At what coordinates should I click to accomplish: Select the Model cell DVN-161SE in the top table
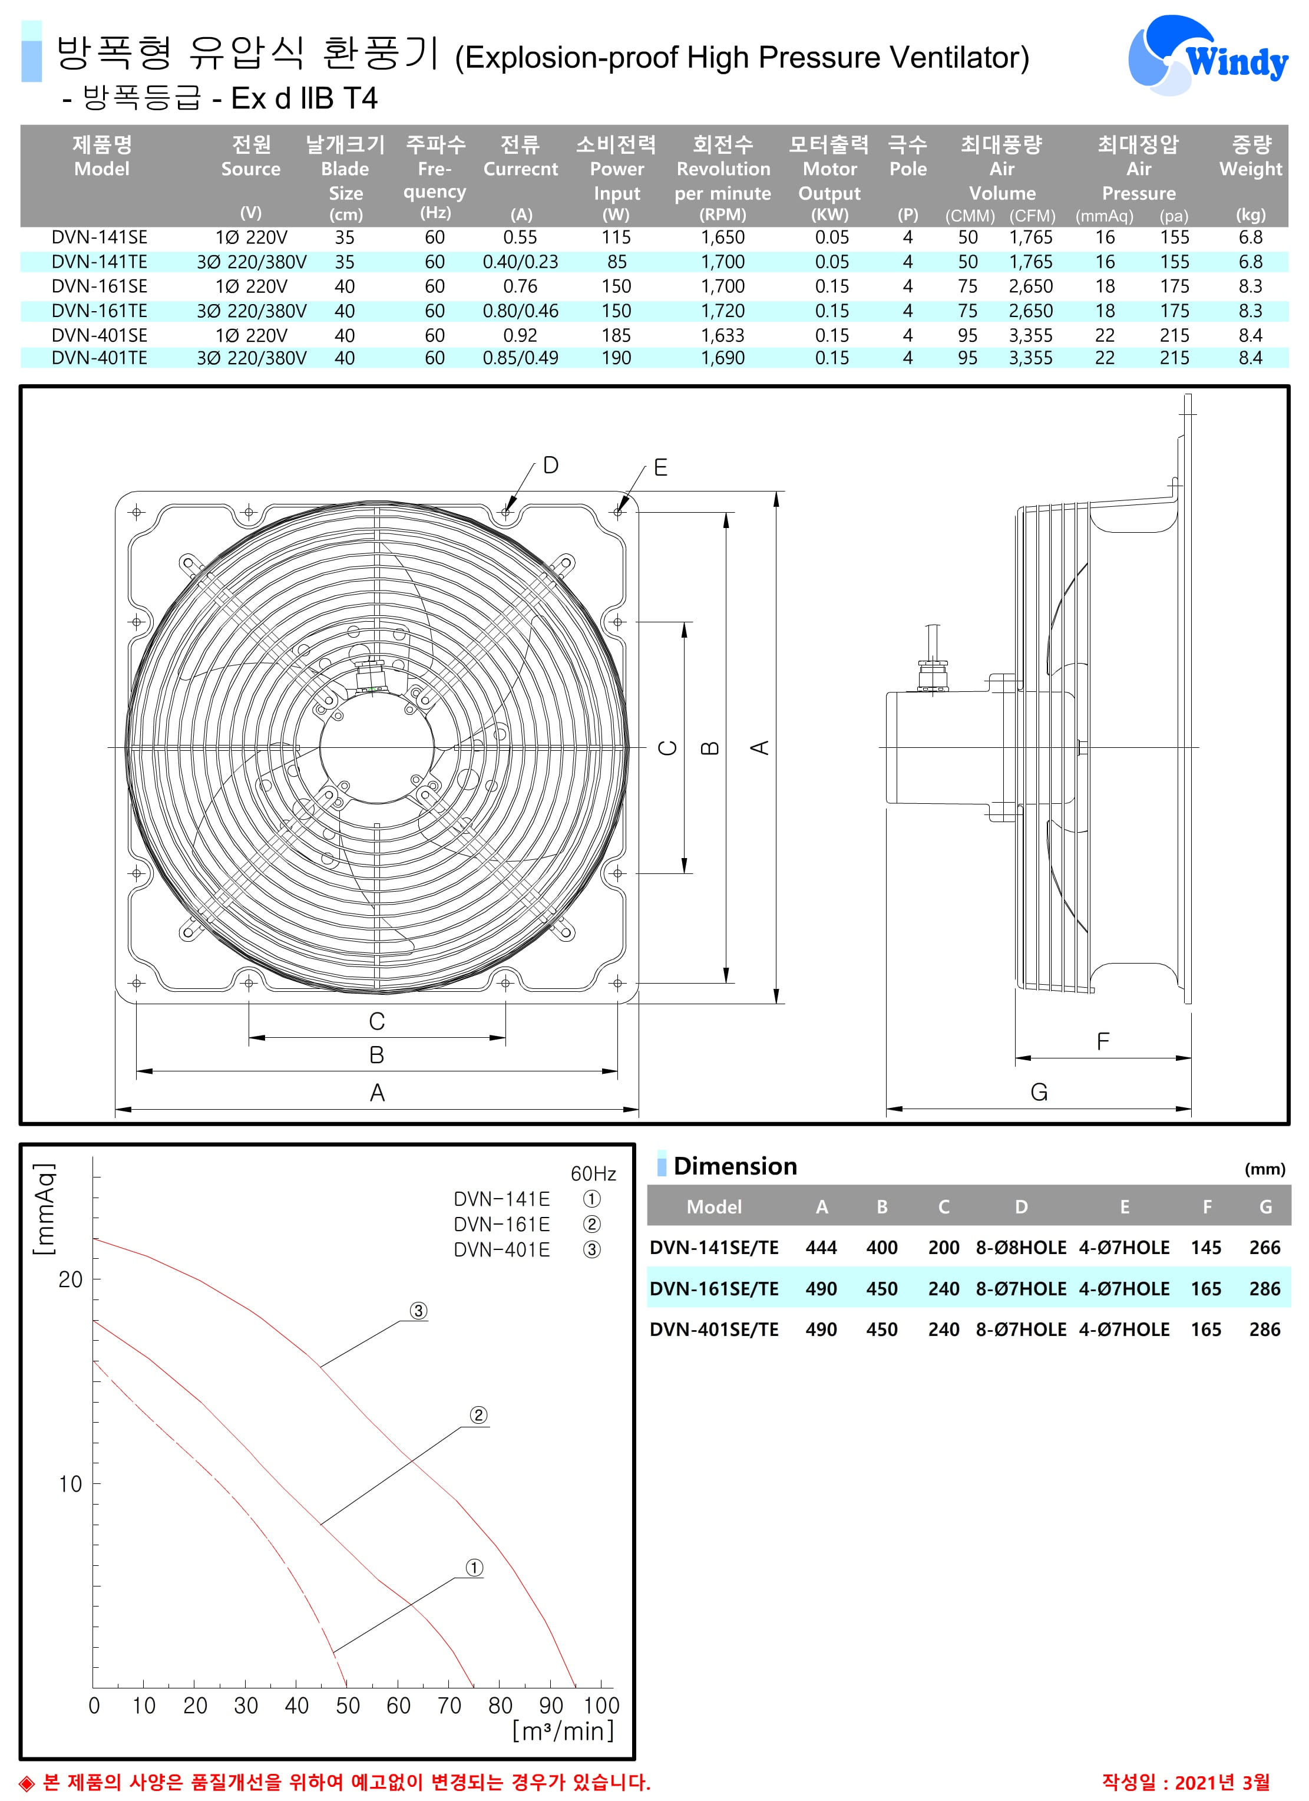(x=99, y=286)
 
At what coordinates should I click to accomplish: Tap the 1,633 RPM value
(x=722, y=336)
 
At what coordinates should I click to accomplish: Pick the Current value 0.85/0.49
(x=520, y=358)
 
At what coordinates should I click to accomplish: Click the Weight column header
(x=1250, y=169)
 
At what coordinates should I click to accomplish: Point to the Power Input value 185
(x=616, y=336)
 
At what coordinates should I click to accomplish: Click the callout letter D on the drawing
(x=550, y=466)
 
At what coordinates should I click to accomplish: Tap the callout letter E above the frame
(x=660, y=468)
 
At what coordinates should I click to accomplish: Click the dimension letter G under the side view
(x=1039, y=1093)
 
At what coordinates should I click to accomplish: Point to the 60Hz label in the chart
(x=593, y=1174)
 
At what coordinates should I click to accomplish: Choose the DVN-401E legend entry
(x=502, y=1250)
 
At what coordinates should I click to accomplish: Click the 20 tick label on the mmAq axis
(x=71, y=1279)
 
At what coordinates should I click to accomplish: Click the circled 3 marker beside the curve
(x=418, y=1311)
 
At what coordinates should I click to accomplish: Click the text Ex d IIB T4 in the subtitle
(x=304, y=98)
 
